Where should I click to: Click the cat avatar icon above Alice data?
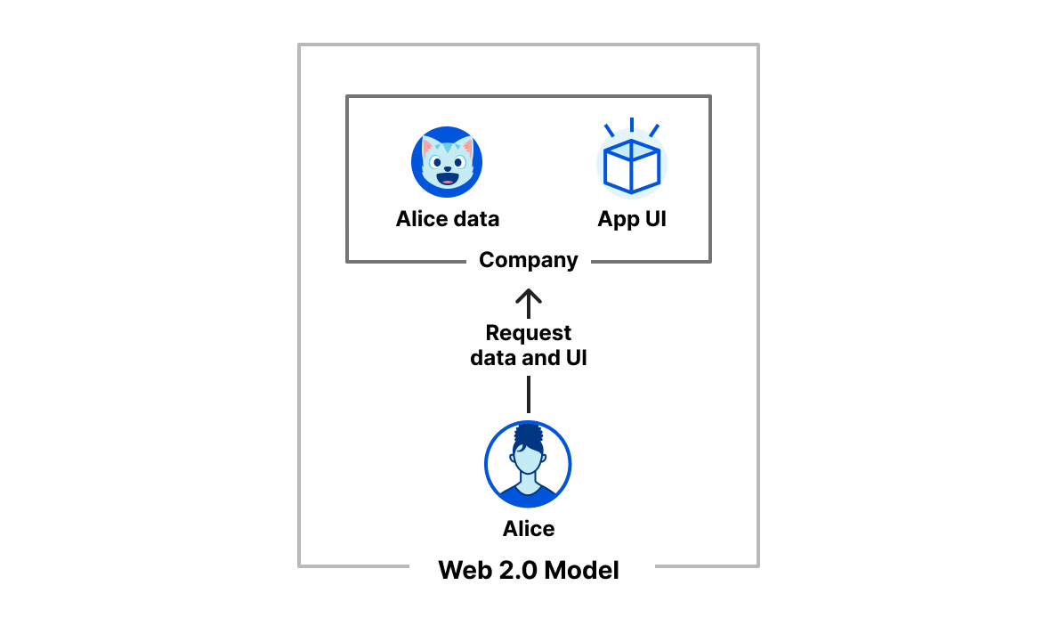(x=447, y=162)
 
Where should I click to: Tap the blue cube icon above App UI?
(x=631, y=165)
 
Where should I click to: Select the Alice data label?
(x=447, y=219)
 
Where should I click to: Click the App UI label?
(x=632, y=219)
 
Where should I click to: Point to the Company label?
(x=529, y=260)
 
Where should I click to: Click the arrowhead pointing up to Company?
(x=529, y=296)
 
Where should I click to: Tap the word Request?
(x=529, y=333)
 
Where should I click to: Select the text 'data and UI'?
(x=529, y=359)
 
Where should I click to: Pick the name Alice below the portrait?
(x=529, y=529)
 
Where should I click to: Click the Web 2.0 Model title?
(x=529, y=570)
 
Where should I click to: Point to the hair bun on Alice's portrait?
(x=528, y=435)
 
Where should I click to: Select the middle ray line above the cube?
(x=631, y=124)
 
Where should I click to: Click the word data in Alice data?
(x=473, y=219)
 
